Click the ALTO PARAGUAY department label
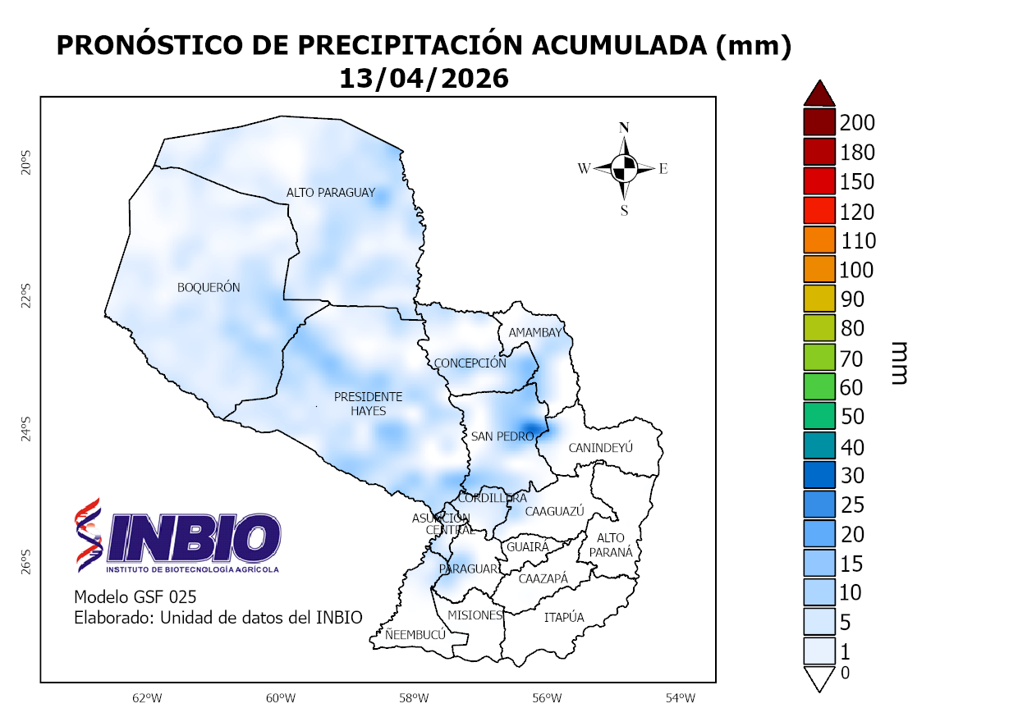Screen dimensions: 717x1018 point(330,193)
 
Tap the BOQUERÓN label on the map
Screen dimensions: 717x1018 point(209,288)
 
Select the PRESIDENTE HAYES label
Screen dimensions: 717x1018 point(368,404)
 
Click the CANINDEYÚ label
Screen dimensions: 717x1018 point(601,448)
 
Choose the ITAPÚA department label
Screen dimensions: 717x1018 point(564,618)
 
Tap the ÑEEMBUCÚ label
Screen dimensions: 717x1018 point(415,634)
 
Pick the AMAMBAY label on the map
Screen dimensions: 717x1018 point(534,332)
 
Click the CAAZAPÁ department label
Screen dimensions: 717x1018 point(543,578)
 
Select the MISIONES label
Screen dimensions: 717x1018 point(474,615)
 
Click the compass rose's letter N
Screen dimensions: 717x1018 point(624,127)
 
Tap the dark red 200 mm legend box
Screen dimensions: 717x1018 point(819,123)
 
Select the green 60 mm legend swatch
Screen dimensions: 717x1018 point(819,386)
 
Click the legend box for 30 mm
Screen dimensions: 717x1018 point(819,475)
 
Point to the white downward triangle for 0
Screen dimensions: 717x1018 point(819,678)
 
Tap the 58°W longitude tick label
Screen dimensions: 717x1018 point(414,698)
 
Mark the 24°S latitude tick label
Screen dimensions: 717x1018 point(25,428)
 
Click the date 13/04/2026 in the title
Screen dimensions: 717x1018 point(424,79)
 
